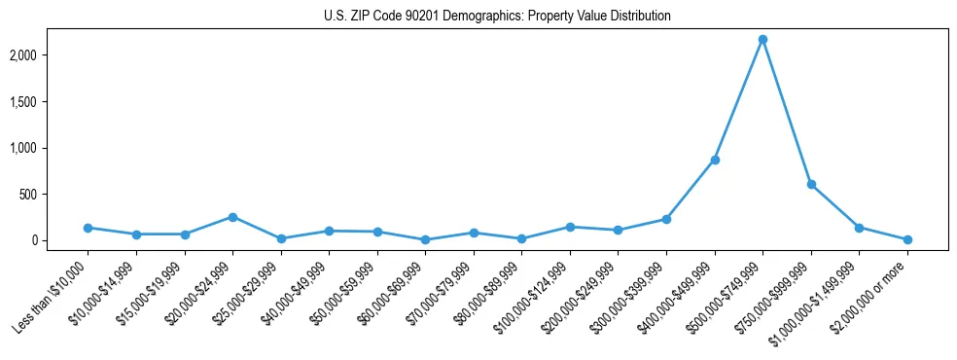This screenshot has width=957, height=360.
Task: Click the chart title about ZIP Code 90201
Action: point(497,17)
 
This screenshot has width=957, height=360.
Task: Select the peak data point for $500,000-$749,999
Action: point(762,39)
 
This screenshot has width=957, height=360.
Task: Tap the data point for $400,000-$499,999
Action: point(715,160)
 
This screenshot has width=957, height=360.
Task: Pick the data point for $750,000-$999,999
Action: point(811,184)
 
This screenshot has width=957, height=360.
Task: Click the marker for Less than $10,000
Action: point(88,228)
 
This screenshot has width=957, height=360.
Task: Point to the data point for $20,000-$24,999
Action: point(232,217)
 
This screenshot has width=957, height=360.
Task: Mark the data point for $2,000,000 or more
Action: point(907,239)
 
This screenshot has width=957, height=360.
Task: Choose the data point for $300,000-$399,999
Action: point(666,219)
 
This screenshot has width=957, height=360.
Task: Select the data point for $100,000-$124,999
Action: point(570,227)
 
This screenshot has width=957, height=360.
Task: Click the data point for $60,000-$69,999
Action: point(425,239)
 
